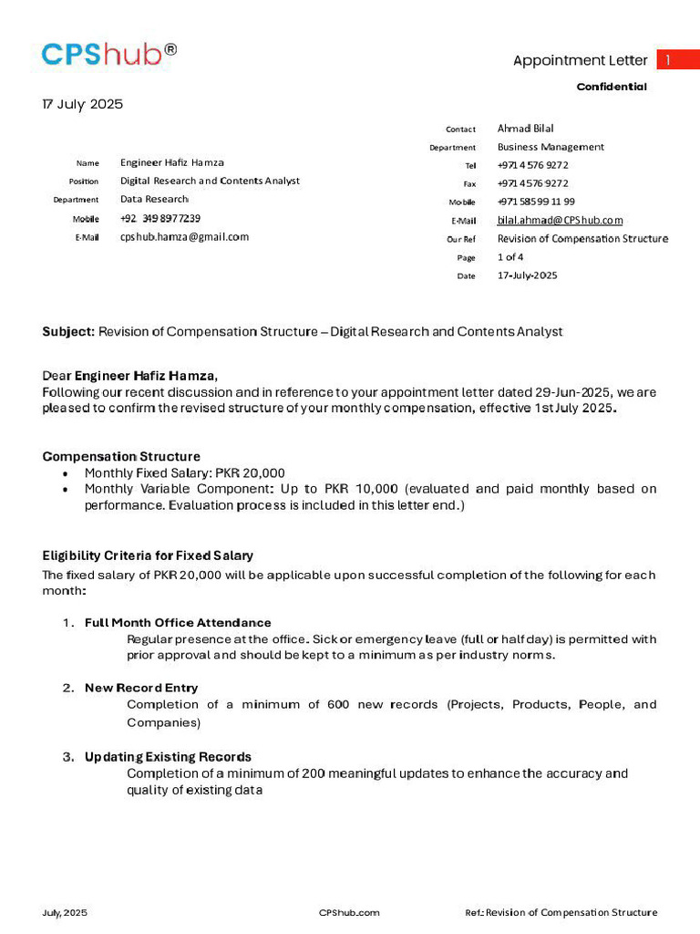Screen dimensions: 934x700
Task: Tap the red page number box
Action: [x=677, y=60]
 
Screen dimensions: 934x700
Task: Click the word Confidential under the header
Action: [x=612, y=87]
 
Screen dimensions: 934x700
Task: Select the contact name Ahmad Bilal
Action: [x=525, y=129]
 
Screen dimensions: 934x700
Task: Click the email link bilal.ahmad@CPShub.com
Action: [x=560, y=220]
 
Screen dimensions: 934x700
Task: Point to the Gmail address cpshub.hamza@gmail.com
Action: [x=184, y=236]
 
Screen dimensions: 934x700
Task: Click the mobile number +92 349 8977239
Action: [x=160, y=218]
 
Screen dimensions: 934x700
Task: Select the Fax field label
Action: [x=469, y=184]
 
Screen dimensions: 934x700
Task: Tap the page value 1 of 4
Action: [x=510, y=257]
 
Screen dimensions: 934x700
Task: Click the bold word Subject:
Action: [x=68, y=332]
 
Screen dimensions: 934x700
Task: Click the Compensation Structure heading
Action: [x=121, y=456]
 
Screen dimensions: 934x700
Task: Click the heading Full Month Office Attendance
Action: [x=178, y=623]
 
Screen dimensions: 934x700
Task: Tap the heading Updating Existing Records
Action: [x=168, y=757]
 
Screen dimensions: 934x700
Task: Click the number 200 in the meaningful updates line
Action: [x=314, y=773]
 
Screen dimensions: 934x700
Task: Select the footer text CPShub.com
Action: [x=349, y=912]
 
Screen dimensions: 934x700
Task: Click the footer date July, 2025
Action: [x=65, y=912]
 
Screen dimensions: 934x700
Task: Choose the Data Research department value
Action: [x=154, y=199]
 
